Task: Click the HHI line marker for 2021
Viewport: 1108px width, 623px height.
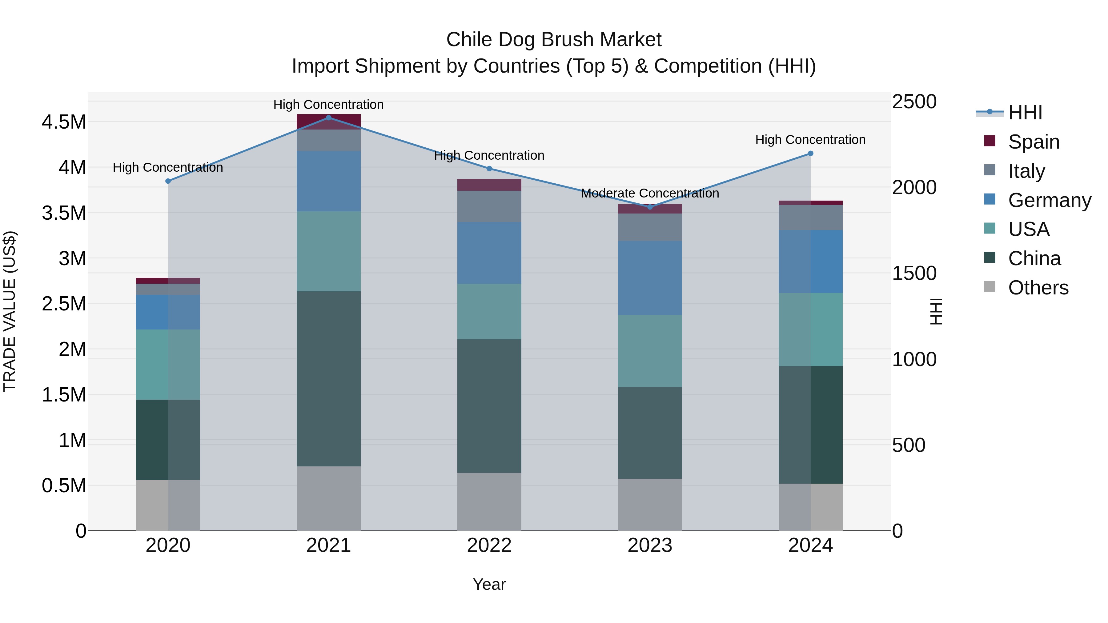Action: coord(329,118)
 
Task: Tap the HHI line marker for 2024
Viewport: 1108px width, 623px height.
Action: coord(810,154)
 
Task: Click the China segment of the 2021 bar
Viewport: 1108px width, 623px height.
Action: coord(329,378)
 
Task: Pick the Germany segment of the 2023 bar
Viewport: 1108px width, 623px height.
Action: coord(650,278)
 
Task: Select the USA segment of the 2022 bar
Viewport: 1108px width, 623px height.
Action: coord(489,311)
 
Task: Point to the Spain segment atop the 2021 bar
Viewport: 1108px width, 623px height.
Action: coord(329,122)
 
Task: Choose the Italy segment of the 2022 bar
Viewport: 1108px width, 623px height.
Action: coord(489,206)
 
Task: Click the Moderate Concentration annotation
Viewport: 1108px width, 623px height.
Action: coord(650,194)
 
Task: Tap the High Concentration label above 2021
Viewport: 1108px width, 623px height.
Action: coord(329,105)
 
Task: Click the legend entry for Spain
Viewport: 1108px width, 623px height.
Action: coord(1033,142)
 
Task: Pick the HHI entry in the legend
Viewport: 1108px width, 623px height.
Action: coord(1025,113)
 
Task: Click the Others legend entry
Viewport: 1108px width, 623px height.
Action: coord(1038,288)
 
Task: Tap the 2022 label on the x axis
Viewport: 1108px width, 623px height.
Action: coord(489,545)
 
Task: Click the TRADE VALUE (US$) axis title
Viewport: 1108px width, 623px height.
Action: coord(10,311)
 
